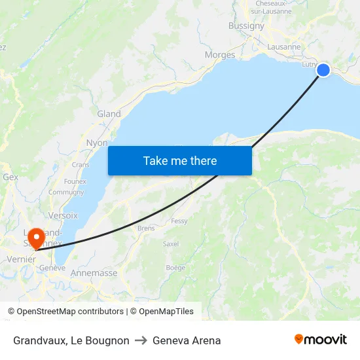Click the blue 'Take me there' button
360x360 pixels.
180,160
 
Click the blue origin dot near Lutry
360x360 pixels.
323,70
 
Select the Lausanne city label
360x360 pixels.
284,47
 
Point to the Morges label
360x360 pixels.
220,55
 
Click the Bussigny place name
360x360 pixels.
246,26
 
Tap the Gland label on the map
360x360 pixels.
109,114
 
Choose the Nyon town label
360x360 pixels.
97,143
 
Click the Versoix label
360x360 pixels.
63,215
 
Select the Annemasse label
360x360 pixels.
94,273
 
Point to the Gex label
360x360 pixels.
10,177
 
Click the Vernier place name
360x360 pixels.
22,260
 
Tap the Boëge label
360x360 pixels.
175,267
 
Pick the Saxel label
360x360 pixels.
171,243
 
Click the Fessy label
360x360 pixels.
179,221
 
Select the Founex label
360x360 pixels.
75,181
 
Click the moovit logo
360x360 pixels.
320,339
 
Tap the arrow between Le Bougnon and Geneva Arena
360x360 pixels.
141,340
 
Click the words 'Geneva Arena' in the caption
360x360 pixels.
187,340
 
